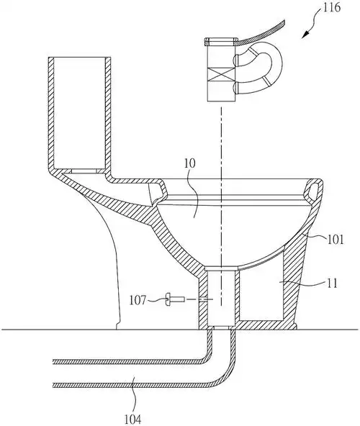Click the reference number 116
click(332, 8)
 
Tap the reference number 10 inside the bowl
click(189, 164)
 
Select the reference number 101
click(335, 240)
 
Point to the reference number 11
click(330, 283)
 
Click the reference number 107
click(138, 301)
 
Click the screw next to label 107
click(175, 299)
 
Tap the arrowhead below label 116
click(306, 35)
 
